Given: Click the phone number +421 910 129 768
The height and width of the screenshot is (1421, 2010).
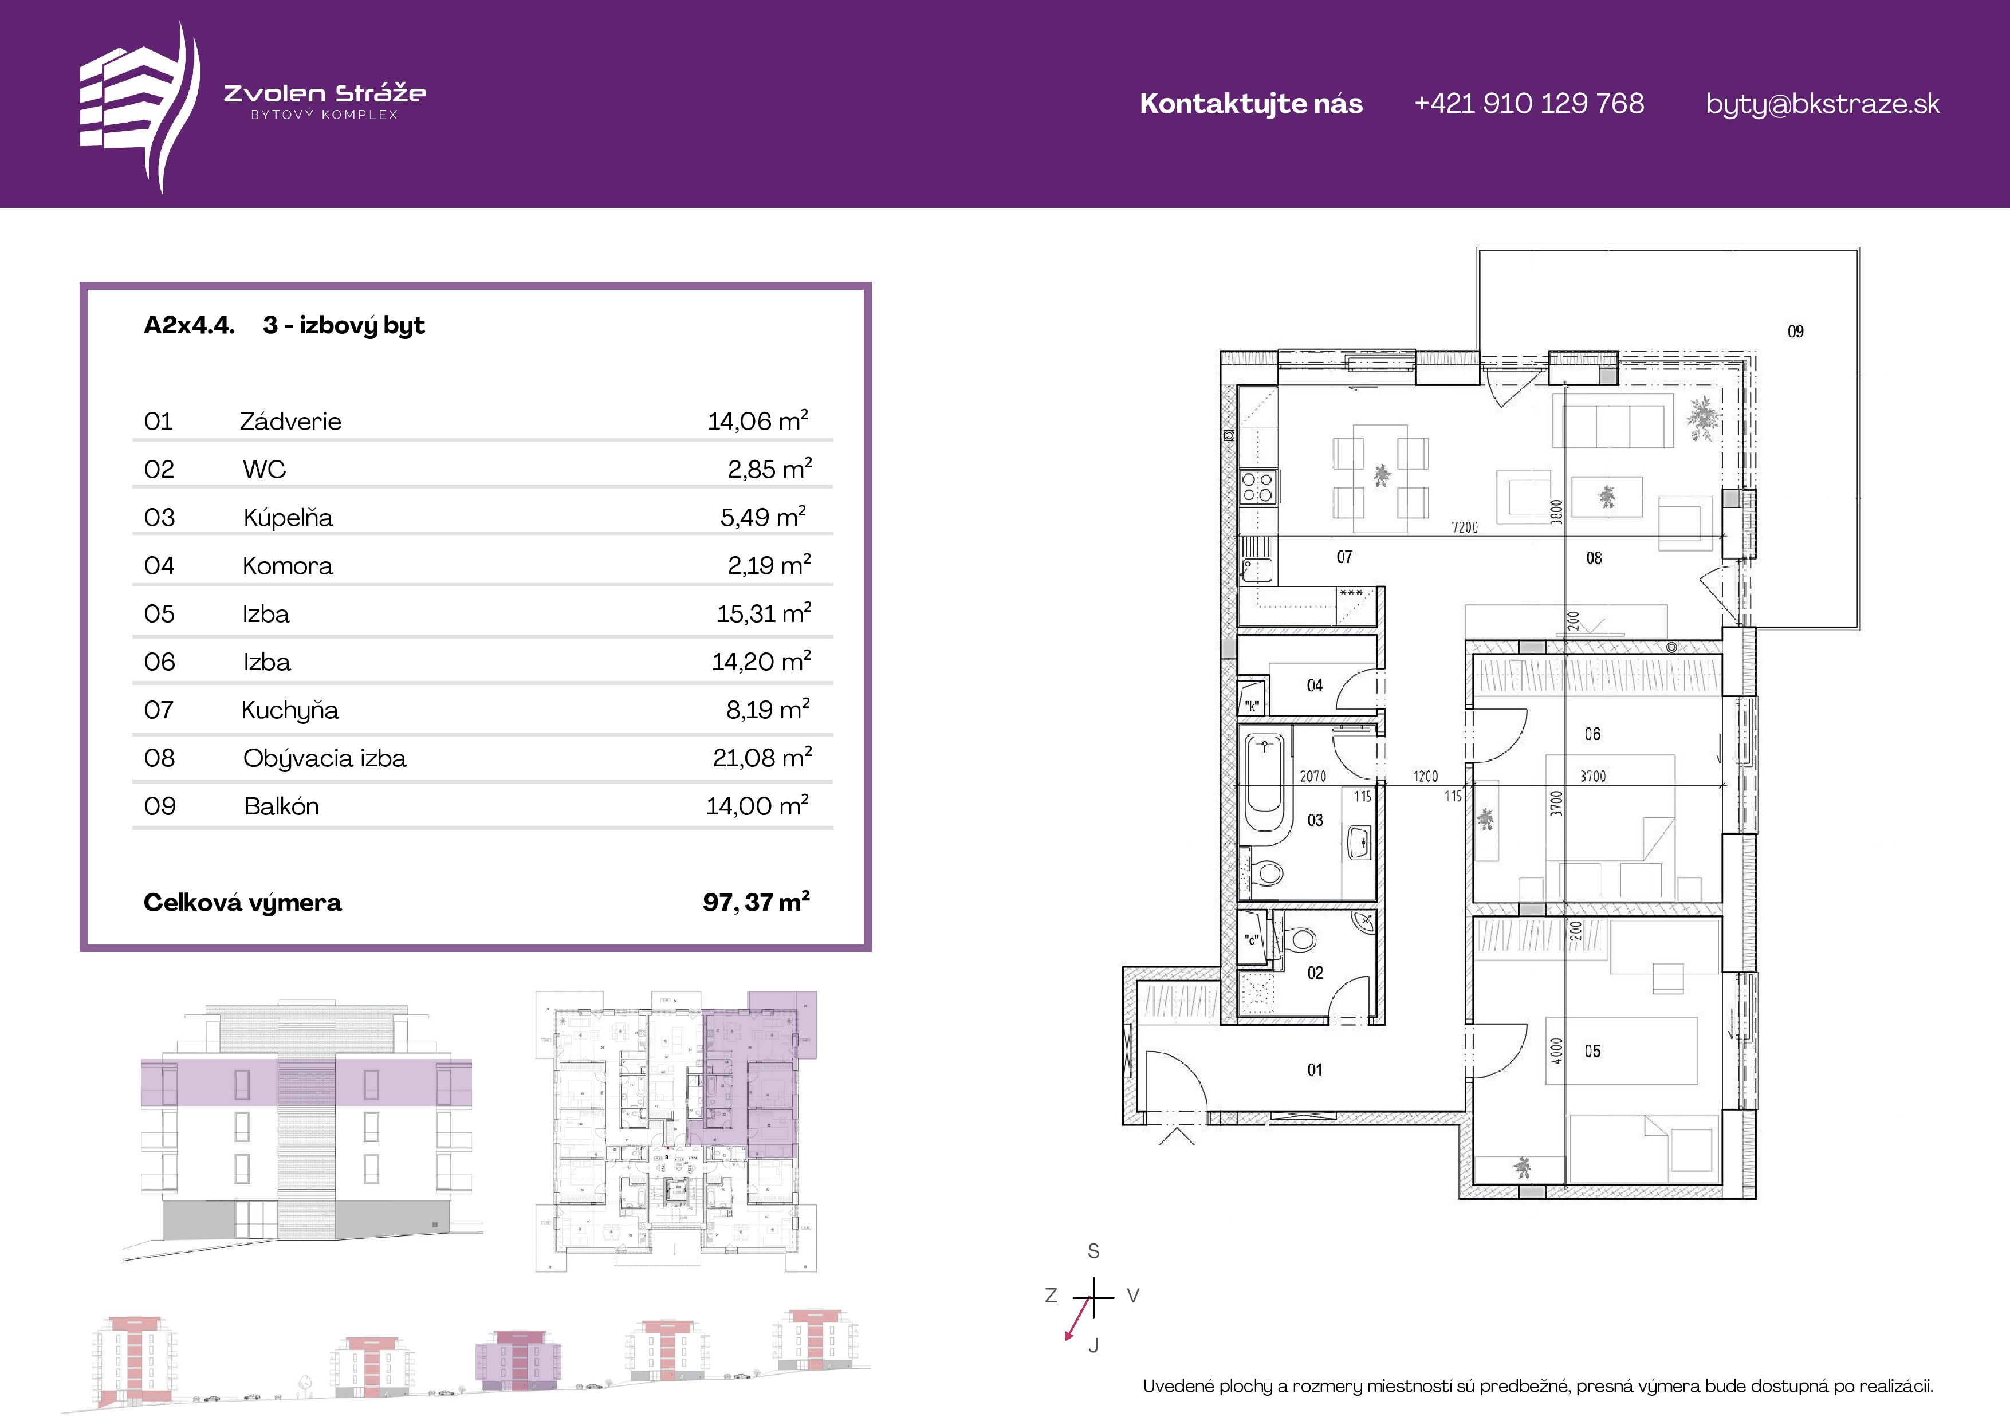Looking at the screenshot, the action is [1528, 103].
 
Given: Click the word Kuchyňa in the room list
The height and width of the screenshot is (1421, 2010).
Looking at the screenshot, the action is [290, 710].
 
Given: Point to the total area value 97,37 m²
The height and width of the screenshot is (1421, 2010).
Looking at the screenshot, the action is [756, 902].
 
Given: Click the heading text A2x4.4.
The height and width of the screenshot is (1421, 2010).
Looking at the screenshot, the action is [189, 326].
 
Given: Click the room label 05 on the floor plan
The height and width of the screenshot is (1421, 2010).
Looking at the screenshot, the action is [1592, 1052].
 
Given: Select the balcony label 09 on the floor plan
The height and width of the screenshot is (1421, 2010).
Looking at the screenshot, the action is [1796, 331].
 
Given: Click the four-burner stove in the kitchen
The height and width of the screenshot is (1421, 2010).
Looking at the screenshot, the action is [1258, 487].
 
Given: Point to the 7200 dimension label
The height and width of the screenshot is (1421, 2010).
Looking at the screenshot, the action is [1465, 527].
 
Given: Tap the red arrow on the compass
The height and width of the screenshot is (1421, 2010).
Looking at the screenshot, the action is [1077, 1318].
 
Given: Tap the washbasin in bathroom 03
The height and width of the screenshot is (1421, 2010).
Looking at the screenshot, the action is [1359, 843].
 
